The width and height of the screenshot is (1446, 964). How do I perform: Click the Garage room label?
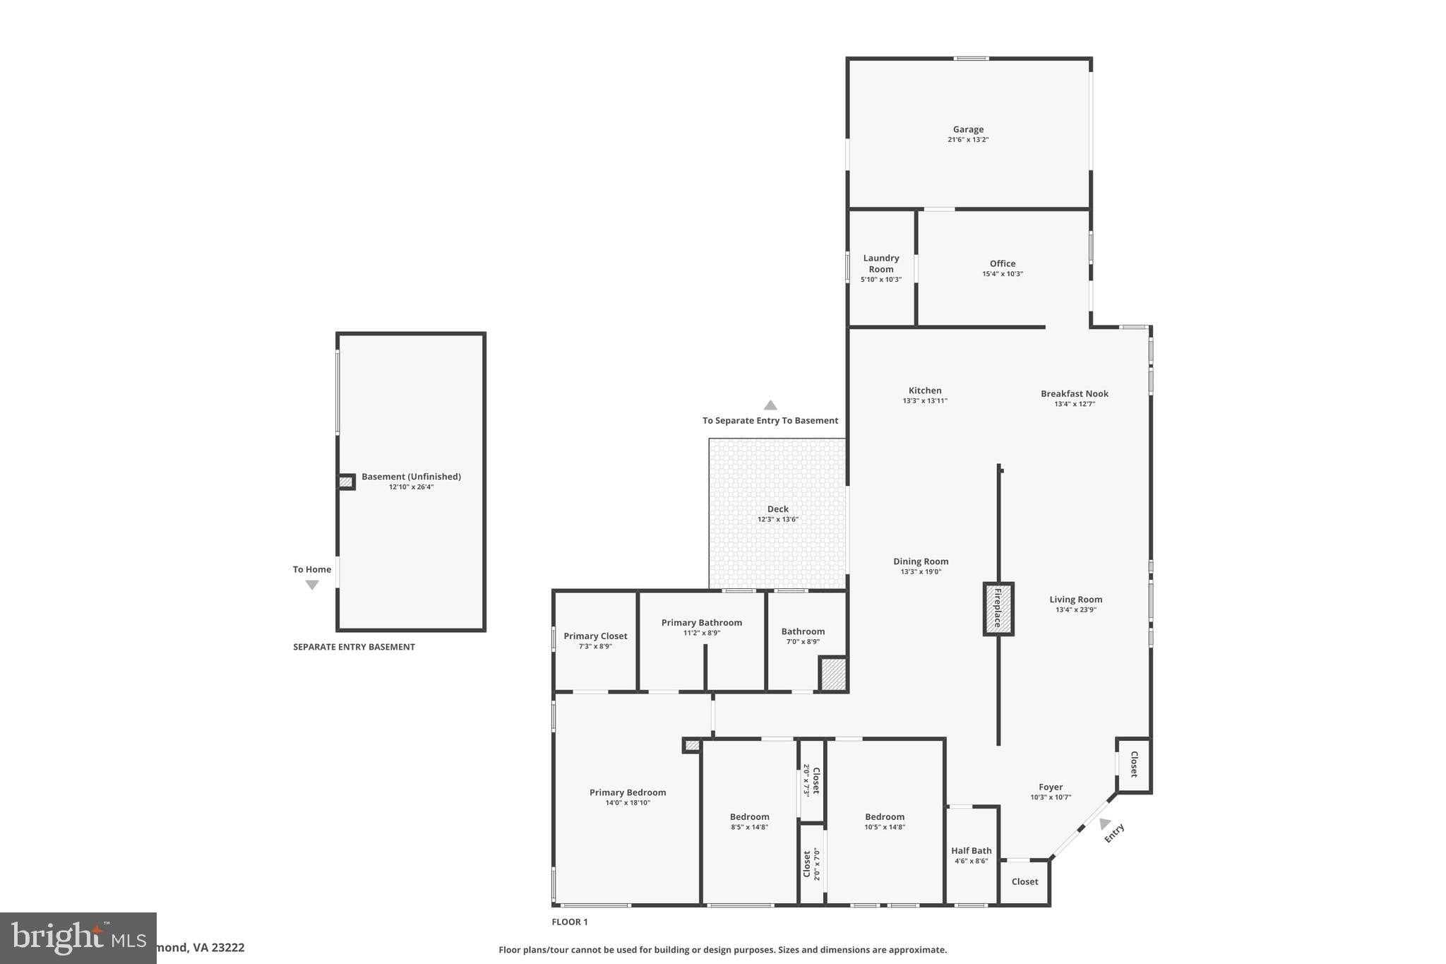(x=968, y=129)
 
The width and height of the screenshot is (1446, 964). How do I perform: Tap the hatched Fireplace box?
(x=998, y=609)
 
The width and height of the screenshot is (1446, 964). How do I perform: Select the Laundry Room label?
(x=880, y=263)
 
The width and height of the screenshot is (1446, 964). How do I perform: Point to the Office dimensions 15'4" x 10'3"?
(x=1002, y=274)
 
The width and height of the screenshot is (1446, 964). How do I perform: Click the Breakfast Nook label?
(x=1074, y=393)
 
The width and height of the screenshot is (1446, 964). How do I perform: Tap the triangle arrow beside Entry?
(x=1104, y=823)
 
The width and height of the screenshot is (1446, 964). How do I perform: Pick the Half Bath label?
(x=971, y=850)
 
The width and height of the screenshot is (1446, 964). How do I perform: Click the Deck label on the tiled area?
(x=777, y=508)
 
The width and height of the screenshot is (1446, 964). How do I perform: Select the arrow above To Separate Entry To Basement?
(x=770, y=405)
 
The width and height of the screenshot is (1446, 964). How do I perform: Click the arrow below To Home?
(x=312, y=585)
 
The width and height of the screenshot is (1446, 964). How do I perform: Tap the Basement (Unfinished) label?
(x=411, y=477)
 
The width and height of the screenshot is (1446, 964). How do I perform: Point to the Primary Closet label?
(x=595, y=636)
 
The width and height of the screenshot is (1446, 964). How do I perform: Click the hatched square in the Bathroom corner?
(x=832, y=674)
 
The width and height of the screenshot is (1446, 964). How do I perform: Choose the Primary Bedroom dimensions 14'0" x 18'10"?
(x=627, y=802)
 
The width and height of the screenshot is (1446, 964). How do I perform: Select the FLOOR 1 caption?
(x=569, y=922)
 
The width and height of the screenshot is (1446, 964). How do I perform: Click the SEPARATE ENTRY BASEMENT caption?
(x=354, y=647)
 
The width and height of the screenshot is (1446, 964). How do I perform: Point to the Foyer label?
(x=1050, y=787)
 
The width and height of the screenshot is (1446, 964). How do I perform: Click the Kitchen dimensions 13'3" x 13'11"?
(x=924, y=401)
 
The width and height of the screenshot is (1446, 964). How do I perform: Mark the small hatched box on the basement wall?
(x=345, y=482)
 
